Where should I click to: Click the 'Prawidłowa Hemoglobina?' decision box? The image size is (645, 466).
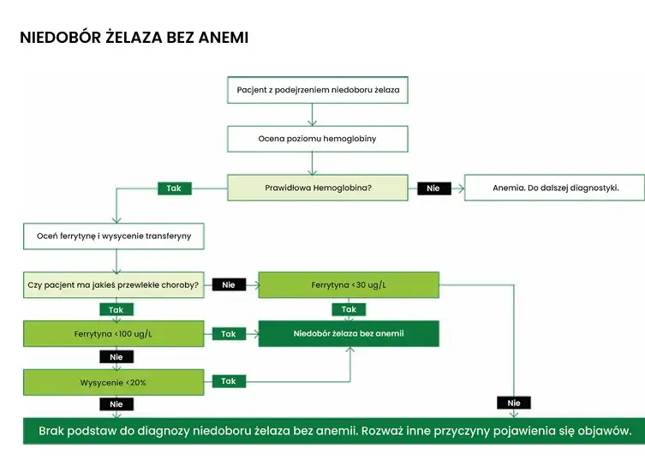317,188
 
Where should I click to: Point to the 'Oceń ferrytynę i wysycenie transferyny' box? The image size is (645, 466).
113,235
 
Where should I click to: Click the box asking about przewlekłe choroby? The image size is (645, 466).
113,284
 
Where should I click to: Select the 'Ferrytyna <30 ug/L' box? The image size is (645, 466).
349,284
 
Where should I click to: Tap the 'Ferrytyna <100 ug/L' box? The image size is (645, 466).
113,333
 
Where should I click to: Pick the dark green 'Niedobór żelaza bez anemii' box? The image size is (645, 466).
349,333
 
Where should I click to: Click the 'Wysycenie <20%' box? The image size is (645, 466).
113,382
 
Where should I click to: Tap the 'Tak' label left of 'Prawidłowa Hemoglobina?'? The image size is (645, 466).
175,188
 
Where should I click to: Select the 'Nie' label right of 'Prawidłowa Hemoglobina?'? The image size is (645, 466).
433,188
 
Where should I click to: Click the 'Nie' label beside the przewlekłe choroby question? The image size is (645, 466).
229,284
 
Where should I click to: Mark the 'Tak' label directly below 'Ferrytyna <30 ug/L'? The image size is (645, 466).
349,309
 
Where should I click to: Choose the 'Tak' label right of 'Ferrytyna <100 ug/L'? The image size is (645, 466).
229,334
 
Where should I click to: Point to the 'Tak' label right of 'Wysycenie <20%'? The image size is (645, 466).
229,381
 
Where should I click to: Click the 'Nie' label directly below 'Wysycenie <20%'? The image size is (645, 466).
116,403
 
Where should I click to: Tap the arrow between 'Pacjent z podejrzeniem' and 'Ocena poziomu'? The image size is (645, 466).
313,115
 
